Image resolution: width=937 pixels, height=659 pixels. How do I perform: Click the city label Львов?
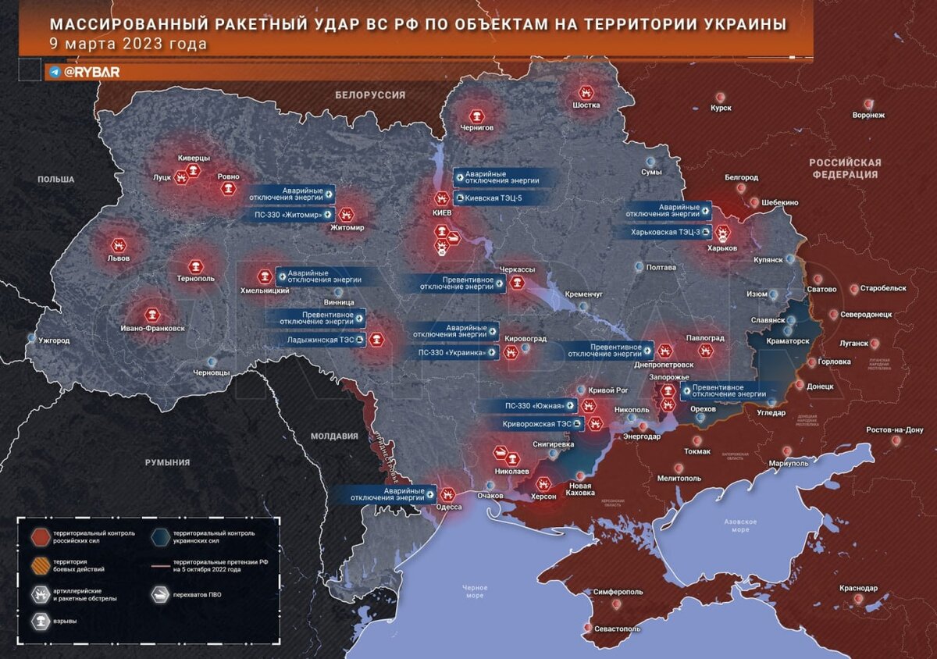[118, 258]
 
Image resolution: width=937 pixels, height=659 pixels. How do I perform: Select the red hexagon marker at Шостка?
[586, 93]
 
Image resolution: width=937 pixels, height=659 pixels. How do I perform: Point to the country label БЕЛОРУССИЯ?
[370, 94]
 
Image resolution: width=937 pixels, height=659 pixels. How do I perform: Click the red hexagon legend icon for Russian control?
[38, 536]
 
